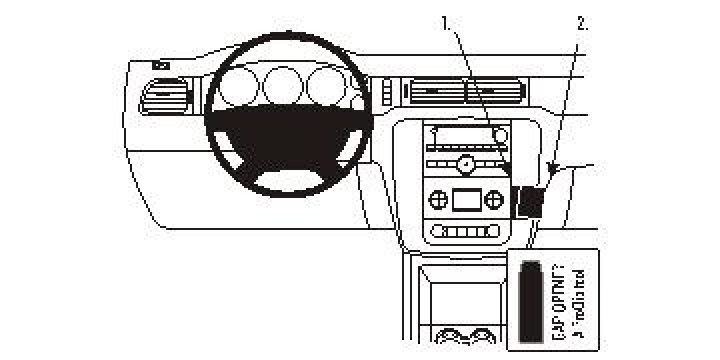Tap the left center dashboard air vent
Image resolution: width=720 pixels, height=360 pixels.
(433, 93)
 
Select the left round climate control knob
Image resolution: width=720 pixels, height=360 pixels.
(437, 199)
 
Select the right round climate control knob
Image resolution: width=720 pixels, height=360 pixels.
(493, 199)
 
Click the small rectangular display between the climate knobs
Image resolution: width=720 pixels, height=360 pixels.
(465, 199)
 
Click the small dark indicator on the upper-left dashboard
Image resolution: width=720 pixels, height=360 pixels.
(161, 66)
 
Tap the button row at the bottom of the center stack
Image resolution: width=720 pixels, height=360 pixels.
(465, 232)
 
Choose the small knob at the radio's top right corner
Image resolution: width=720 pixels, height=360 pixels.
(500, 133)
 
